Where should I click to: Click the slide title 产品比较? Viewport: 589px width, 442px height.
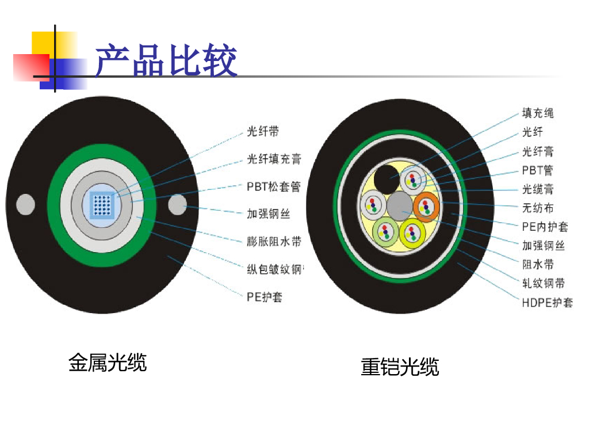166,61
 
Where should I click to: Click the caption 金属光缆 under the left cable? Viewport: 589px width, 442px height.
108,363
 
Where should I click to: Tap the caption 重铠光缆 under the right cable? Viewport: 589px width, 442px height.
400,367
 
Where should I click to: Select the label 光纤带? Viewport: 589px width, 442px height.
263,131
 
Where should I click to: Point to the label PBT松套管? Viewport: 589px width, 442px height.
274,186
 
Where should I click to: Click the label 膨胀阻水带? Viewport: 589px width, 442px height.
274,242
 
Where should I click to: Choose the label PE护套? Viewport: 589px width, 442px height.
265,297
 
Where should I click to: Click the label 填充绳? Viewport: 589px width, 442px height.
538,113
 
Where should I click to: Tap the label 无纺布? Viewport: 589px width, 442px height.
538,207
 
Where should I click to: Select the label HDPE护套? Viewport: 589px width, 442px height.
547,302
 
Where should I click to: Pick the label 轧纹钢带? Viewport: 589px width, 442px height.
543,283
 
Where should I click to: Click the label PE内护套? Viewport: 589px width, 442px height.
545,226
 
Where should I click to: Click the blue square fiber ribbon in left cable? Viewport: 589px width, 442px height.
104,204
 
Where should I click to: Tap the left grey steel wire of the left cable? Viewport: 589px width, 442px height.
25,204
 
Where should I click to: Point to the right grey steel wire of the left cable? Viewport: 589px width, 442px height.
177,204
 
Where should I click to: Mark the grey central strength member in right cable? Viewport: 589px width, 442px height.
399,205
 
